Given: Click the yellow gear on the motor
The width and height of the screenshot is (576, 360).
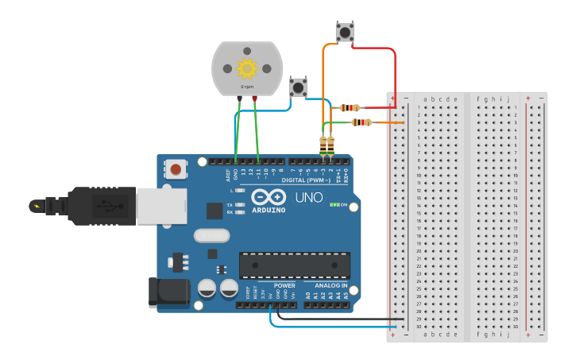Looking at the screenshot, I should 247,68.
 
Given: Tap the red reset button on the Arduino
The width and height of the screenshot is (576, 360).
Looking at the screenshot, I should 176,168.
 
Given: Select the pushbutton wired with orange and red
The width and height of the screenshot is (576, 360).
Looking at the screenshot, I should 344,33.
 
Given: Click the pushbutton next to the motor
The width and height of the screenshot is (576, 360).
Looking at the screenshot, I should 298,87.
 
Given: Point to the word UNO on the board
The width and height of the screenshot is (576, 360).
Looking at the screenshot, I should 309,198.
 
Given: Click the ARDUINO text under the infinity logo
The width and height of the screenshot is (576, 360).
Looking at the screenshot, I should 269,210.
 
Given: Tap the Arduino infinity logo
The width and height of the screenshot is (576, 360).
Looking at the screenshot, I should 269,196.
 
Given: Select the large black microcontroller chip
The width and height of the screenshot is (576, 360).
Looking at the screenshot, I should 295,265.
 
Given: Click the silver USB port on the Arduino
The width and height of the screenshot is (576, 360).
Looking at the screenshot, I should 160,206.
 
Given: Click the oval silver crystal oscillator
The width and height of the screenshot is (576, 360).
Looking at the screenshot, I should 211,235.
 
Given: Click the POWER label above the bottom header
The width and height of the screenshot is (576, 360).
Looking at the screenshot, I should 284,285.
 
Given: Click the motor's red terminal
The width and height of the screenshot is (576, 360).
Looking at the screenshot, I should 254,99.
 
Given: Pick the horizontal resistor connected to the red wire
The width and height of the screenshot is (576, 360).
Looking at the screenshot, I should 350,107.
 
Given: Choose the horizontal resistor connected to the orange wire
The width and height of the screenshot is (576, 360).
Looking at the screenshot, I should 361,122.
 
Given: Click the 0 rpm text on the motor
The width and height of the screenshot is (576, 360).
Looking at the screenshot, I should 247,86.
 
